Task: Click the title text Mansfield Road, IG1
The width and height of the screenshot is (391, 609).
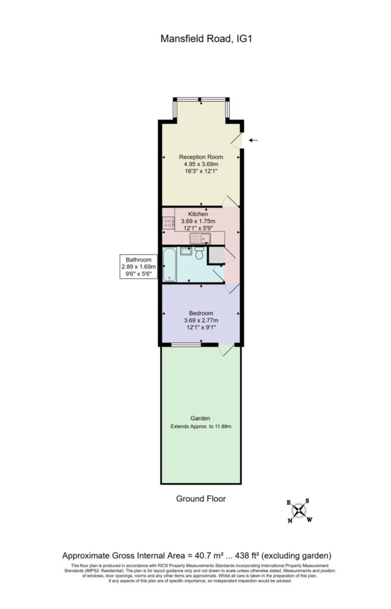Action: pos(199,39)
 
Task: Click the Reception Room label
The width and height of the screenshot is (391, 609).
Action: pos(201,157)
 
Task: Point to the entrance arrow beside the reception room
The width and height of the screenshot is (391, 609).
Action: pos(253,140)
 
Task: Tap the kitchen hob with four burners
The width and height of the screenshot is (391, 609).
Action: pos(168,222)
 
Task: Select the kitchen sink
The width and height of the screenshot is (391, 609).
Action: pos(201,239)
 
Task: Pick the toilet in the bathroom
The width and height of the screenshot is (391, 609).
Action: pos(198,255)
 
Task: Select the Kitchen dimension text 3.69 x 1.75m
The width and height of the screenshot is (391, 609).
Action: pos(198,222)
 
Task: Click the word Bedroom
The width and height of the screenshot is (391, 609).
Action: pos(201,313)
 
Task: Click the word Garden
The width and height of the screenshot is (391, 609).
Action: pos(201,418)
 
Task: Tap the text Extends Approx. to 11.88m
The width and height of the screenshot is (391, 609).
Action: pos(201,427)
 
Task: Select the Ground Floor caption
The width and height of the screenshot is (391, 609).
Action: pos(201,498)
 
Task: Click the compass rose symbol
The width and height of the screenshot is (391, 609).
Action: pos(299,510)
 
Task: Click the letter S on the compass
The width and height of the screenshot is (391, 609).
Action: pos(308,501)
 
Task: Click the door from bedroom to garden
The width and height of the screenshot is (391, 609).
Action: pos(227,351)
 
